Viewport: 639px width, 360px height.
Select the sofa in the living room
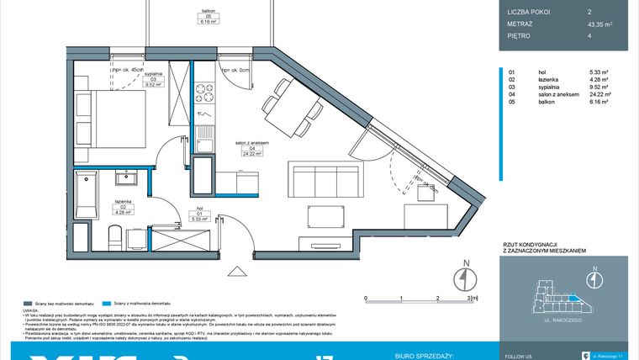pyautogui.click(x=324, y=181)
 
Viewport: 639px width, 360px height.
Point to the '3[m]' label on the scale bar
pyautogui.click(x=473, y=298)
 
